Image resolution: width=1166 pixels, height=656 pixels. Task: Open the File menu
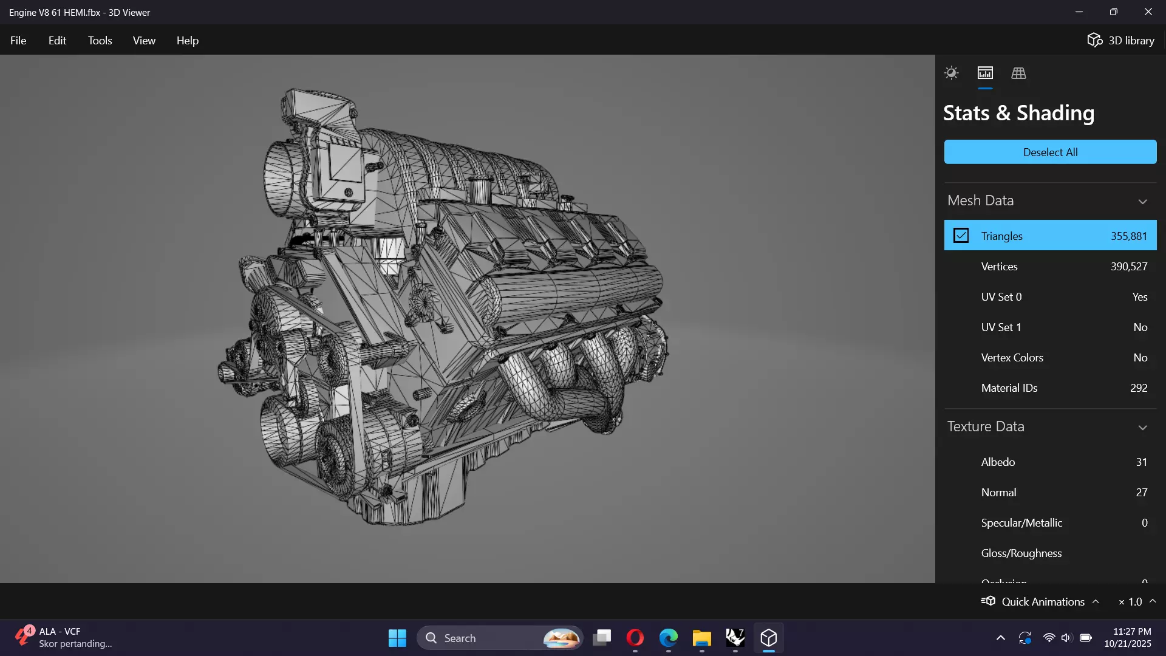(18, 41)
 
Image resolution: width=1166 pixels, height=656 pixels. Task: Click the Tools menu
(100, 41)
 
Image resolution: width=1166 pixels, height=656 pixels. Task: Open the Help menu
(187, 41)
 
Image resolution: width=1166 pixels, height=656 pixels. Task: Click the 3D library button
(1120, 41)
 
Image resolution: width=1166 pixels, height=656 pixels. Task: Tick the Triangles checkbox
(961, 236)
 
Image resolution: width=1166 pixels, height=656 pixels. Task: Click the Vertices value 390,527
(1128, 267)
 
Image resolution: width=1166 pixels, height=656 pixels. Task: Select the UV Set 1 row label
(1001, 327)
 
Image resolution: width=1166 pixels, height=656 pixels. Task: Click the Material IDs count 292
(1138, 388)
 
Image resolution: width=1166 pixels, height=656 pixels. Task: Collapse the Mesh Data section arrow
(1142, 202)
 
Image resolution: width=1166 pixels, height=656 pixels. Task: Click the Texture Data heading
(986, 426)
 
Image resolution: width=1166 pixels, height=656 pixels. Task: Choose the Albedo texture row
(998, 462)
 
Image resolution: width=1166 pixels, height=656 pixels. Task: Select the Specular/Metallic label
(1021, 523)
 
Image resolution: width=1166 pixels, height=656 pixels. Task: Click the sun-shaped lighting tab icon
(951, 73)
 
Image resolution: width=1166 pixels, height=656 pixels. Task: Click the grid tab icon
(1018, 73)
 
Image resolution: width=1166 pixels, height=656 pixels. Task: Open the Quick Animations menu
(1042, 601)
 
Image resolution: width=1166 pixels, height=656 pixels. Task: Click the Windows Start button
(397, 638)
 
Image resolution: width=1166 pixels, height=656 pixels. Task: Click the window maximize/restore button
(1113, 12)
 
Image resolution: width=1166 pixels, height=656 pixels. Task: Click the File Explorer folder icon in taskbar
(701, 638)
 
